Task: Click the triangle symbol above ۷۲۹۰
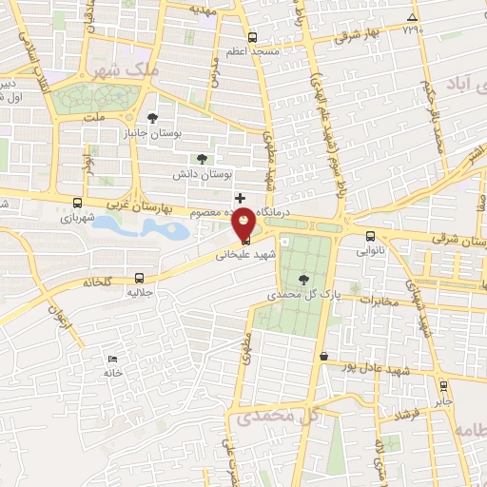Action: tap(411, 17)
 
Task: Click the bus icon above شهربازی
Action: tap(77, 202)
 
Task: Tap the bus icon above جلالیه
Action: tap(140, 279)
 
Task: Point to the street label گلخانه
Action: tap(97, 282)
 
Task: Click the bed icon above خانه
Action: tap(113, 359)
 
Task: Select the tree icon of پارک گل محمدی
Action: tap(303, 279)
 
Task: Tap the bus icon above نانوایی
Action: tap(370, 237)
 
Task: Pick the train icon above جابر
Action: tap(443, 385)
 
